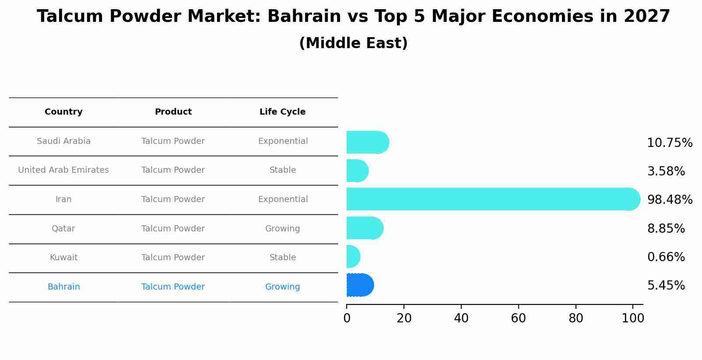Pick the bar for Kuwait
(x=353, y=257)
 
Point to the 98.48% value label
(x=670, y=199)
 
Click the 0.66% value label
(x=666, y=257)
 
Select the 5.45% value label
(x=666, y=285)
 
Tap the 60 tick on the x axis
(x=518, y=318)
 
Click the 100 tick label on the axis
(x=632, y=318)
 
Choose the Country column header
(x=63, y=112)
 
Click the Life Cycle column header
(x=282, y=112)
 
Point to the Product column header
(x=173, y=112)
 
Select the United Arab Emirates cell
(x=63, y=170)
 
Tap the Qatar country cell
(x=63, y=229)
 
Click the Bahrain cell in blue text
(x=63, y=287)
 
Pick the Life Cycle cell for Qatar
(x=282, y=229)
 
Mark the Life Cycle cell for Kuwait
(x=282, y=258)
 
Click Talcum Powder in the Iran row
(x=173, y=199)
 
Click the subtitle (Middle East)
(x=353, y=43)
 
